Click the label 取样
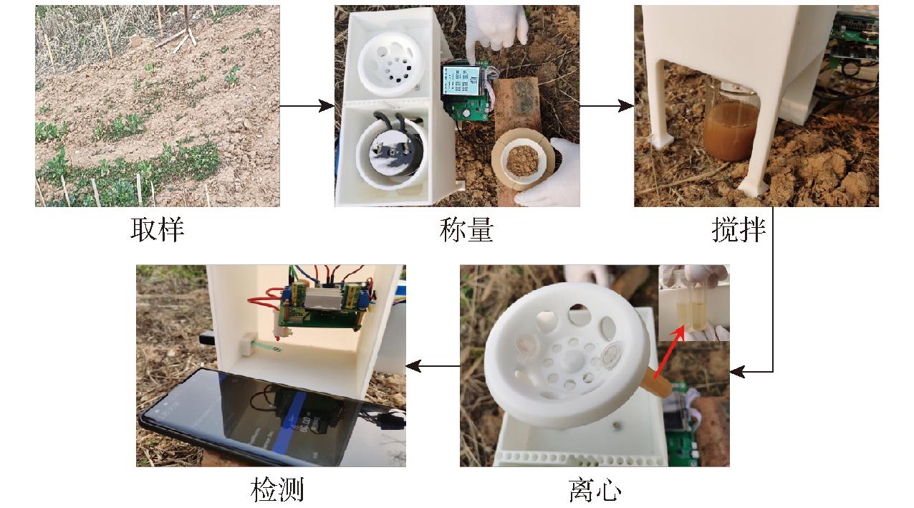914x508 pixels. coord(157,230)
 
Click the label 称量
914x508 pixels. coord(466,230)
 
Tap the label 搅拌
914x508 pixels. coord(739,230)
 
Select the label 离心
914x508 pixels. coord(595,489)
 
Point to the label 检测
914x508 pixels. coord(277,489)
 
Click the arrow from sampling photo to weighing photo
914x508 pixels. coord(307,106)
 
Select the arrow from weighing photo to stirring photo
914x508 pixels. coord(607,106)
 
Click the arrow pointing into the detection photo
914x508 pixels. coord(433,366)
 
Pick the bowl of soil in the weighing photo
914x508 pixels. coord(522,160)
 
